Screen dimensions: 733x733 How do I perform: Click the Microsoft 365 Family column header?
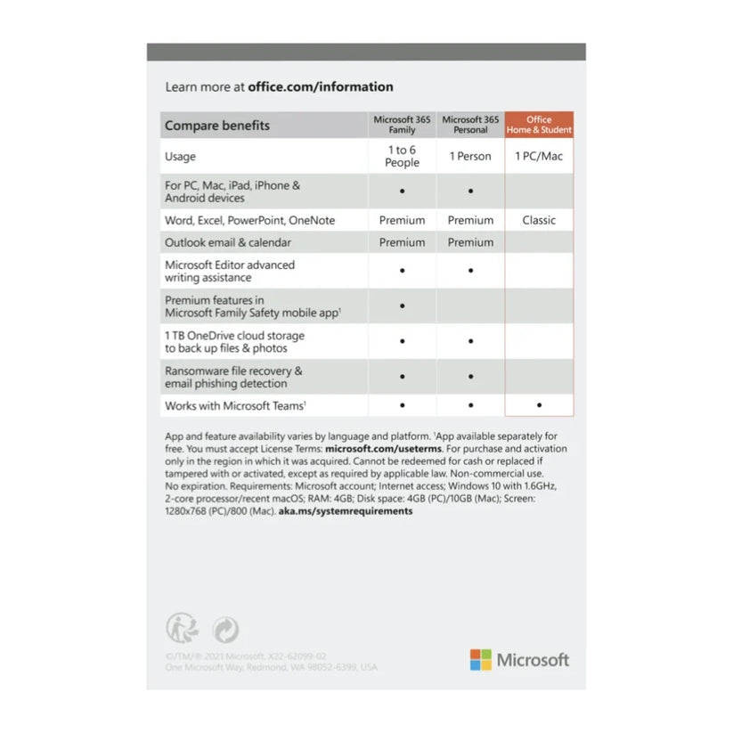tap(402, 125)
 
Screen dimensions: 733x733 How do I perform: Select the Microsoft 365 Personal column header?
tap(470, 125)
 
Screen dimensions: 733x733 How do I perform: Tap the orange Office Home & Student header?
tap(539, 125)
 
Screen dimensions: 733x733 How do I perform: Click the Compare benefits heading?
tap(217, 126)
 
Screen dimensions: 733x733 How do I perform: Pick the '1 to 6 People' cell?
tap(402, 157)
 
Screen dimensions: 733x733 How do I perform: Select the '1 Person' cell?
tap(470, 157)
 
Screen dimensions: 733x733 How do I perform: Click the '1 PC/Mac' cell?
tap(539, 157)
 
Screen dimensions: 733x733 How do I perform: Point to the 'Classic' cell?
tap(539, 220)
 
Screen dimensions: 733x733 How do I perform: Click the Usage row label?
tap(181, 157)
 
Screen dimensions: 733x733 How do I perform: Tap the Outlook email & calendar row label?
tap(228, 242)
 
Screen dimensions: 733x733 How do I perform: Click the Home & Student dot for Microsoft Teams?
tap(539, 406)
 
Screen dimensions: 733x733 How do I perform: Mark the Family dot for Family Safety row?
tap(402, 306)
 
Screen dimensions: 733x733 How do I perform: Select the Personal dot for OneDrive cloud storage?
tap(470, 341)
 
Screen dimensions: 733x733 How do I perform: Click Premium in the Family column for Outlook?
tap(402, 242)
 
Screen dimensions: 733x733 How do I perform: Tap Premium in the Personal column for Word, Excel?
tap(470, 220)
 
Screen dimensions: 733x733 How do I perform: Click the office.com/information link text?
tap(321, 87)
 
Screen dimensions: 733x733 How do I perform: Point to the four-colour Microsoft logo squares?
tap(481, 660)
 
